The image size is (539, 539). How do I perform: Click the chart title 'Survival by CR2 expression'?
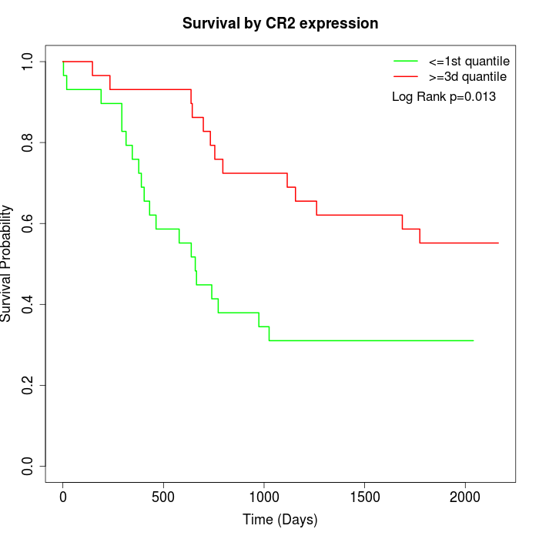[280, 24]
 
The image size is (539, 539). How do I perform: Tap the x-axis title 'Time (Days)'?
[280, 520]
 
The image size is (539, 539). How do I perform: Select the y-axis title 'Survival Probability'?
[7, 263]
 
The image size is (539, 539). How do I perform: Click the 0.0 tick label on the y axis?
[28, 466]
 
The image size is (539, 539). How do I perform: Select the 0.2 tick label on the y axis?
[28, 385]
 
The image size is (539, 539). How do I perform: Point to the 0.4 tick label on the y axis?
[28, 304]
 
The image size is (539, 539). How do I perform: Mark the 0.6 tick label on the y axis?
[28, 223]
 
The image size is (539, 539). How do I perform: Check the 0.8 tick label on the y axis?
[28, 142]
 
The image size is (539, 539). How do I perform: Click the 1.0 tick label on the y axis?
[28, 62]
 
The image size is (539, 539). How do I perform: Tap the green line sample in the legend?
[405, 61]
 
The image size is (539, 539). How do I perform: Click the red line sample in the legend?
[405, 76]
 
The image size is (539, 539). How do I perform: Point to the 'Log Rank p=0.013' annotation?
[444, 97]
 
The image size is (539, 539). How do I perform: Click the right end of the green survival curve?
[474, 340]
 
